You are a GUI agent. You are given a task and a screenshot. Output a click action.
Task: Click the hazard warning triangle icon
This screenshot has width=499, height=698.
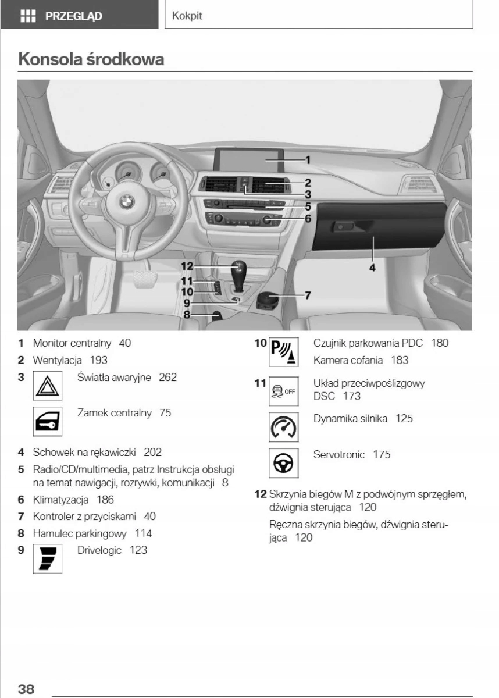48,385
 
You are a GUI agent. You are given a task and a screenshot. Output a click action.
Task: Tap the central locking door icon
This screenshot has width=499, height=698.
48,422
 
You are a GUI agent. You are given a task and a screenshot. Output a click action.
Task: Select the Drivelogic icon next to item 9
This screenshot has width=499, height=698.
48,558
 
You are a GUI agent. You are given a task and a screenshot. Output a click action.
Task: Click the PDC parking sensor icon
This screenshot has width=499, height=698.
283,351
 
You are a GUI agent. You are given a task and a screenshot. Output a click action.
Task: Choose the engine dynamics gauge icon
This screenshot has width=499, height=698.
283,428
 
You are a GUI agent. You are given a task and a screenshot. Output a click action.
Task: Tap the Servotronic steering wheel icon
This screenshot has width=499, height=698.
283,464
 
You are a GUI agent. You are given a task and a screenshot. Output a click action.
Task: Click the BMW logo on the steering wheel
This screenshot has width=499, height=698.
127,202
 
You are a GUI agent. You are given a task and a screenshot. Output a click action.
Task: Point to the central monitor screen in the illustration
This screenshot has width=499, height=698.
248,159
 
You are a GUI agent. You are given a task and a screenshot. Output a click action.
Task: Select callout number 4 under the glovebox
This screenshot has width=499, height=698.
372,268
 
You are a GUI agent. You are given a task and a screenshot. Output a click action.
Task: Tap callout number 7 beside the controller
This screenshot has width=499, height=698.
308,295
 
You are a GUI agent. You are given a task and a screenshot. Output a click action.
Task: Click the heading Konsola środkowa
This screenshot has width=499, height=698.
91,59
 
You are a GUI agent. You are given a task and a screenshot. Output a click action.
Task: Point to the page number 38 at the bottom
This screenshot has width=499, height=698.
26,689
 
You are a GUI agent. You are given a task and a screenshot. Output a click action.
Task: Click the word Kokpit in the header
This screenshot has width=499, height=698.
187,16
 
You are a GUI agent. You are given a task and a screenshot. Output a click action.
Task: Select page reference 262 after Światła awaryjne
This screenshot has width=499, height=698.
167,378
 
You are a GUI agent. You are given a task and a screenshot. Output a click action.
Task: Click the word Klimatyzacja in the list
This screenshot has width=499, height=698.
60,499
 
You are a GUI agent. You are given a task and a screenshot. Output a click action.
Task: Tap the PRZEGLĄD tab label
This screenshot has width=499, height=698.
73,16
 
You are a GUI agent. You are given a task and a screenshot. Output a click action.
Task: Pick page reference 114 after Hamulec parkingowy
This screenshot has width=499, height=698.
143,533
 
